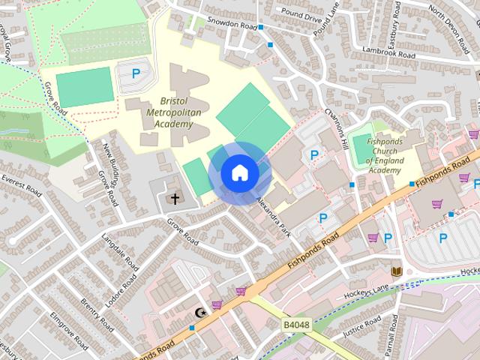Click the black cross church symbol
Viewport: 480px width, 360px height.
point(175,199)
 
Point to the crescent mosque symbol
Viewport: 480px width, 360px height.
point(199,312)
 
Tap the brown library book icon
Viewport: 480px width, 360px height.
point(397,271)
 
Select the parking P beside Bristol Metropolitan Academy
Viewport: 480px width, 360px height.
point(136,73)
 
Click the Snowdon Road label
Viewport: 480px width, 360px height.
point(232,24)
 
